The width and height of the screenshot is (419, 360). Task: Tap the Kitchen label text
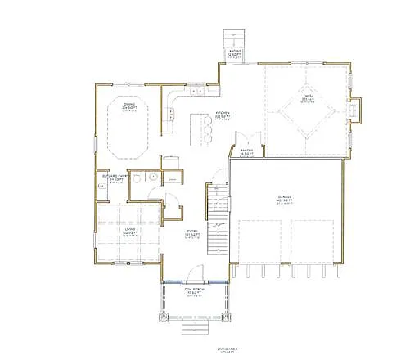(222, 115)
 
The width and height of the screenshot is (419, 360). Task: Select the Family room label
(307, 101)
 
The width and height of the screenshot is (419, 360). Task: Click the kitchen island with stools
(198, 126)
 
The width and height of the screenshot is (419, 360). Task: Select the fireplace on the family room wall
(355, 109)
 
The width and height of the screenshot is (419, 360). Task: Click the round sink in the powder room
(153, 177)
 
